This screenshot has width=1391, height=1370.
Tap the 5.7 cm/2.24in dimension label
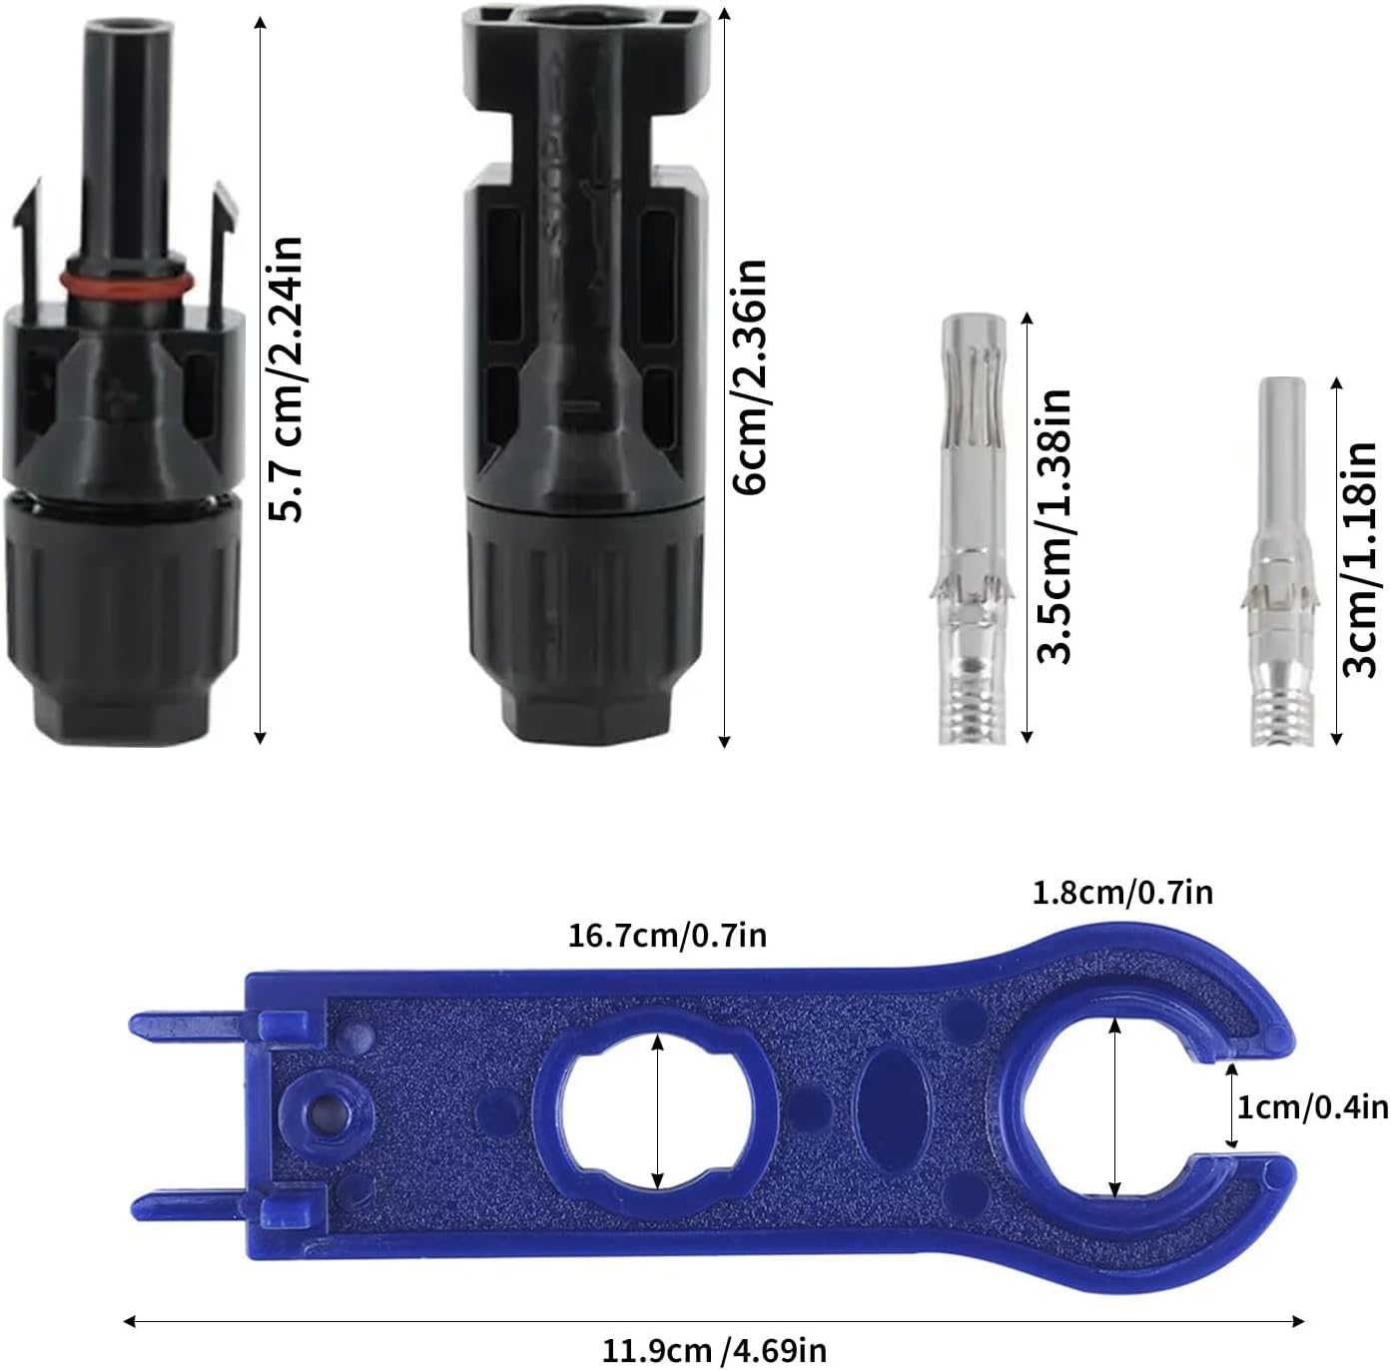(288, 379)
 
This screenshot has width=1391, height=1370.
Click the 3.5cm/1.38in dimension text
(1054, 526)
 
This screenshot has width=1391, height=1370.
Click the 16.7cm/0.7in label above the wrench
(667, 936)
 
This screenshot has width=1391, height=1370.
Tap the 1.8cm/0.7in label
(1122, 891)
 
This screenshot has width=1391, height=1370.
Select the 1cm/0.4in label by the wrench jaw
(1312, 1106)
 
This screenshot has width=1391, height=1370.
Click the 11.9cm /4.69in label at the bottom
(714, 1350)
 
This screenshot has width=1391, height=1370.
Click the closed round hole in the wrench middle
(655, 1109)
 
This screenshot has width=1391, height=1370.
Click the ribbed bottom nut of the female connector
(584, 618)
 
